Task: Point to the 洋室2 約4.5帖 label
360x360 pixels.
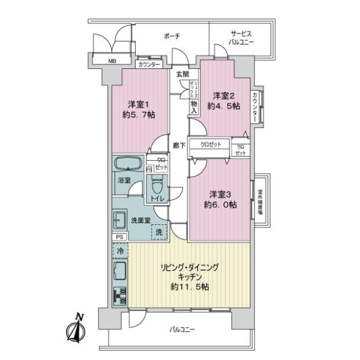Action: (224, 100)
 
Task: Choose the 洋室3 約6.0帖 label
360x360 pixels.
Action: (219, 199)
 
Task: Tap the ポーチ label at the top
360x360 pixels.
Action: (172, 37)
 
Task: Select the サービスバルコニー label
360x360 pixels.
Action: (241, 38)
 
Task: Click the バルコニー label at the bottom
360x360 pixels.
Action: (182, 329)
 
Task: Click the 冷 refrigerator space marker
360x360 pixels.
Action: (119, 251)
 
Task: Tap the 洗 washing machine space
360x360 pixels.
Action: (159, 231)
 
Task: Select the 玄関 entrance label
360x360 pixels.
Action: (182, 74)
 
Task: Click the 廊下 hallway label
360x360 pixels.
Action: (178, 145)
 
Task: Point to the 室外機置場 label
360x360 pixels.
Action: (262, 200)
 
